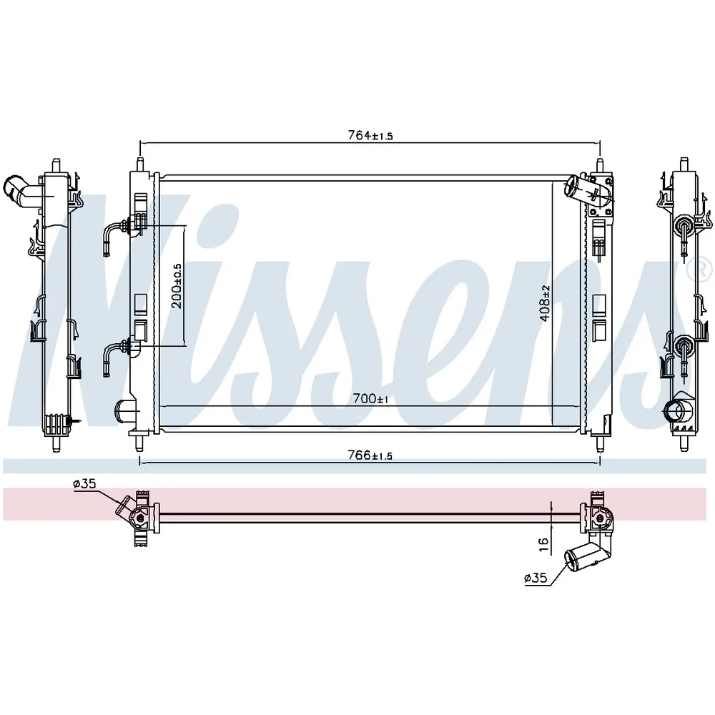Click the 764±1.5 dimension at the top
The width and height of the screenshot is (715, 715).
(x=370, y=135)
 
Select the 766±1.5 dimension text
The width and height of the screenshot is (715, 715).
(x=370, y=455)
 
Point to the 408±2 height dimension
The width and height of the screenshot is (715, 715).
(x=546, y=304)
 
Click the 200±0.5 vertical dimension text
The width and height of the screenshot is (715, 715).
(x=177, y=286)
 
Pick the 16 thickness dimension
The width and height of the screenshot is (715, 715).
(x=543, y=544)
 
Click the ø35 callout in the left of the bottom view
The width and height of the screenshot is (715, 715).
(x=84, y=484)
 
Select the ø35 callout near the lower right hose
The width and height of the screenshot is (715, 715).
(x=536, y=578)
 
